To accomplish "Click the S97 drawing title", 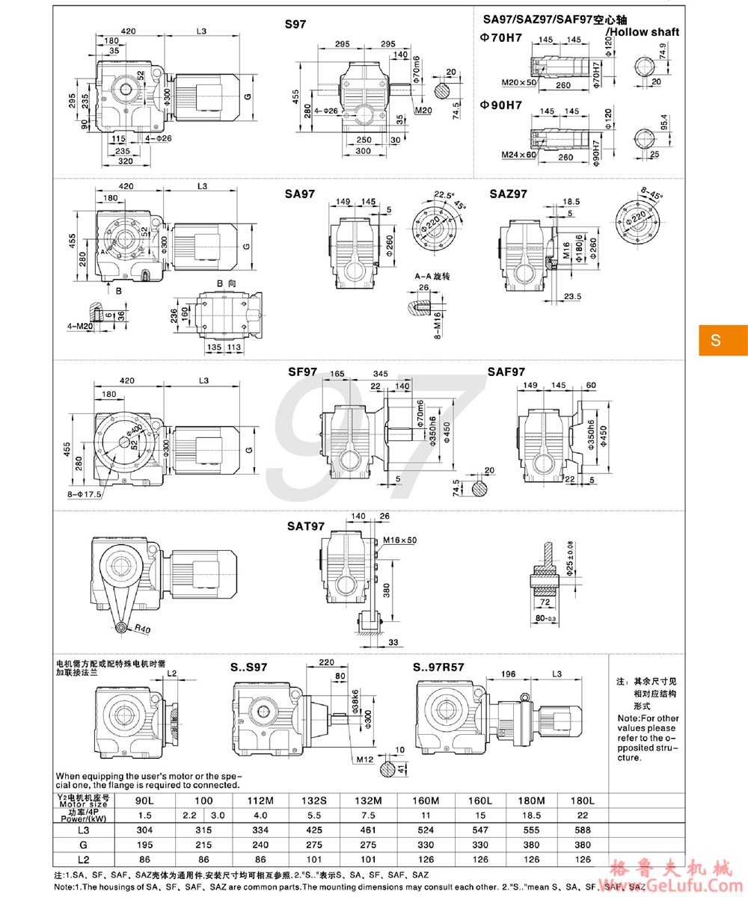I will click(297, 25).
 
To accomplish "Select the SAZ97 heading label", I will click(509, 194).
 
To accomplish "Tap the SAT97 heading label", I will click(305, 526).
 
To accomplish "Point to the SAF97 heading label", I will click(507, 372).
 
